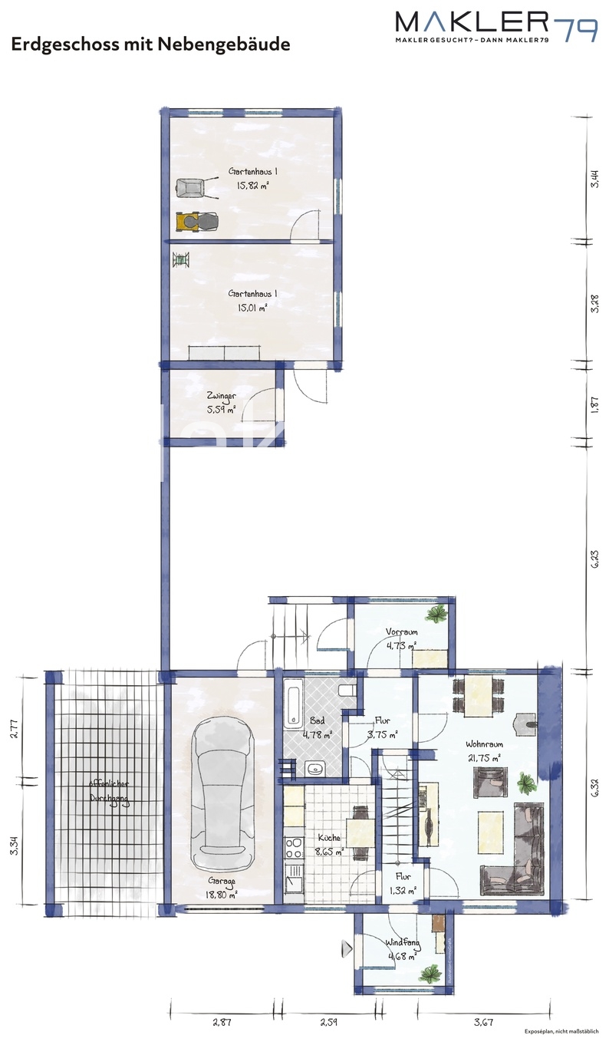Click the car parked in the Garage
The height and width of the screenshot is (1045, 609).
[x=222, y=790]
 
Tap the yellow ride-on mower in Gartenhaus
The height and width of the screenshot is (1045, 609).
[x=196, y=221]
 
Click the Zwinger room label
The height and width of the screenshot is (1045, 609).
[x=221, y=396]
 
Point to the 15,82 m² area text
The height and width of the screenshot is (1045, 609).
[x=252, y=185]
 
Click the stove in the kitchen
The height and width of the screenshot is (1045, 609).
[x=293, y=847]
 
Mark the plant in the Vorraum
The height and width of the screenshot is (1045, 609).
[x=437, y=613]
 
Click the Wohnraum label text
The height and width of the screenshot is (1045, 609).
[x=484, y=743]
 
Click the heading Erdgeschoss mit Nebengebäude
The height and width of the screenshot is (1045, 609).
[x=150, y=45]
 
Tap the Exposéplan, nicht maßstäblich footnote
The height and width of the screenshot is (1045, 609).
[x=564, y=1032]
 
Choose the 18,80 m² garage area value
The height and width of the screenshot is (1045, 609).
[x=221, y=894]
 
